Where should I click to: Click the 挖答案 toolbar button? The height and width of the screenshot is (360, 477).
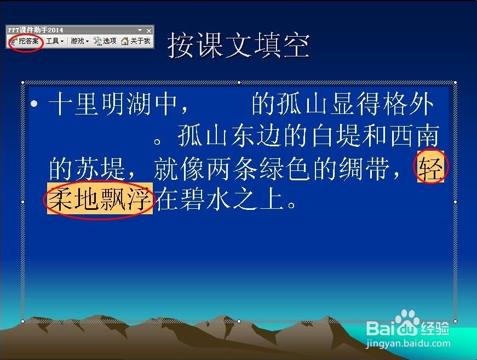[x=25, y=41]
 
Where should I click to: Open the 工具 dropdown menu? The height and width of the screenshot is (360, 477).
[x=55, y=41]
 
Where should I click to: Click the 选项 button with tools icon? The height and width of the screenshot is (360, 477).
[x=105, y=41]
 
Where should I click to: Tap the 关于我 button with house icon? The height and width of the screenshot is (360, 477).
[x=136, y=41]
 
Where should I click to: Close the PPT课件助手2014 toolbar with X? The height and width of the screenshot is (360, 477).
[x=149, y=31]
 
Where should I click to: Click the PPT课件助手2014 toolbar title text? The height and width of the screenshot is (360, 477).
[x=36, y=30]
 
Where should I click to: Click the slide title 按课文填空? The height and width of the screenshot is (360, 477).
[x=239, y=45]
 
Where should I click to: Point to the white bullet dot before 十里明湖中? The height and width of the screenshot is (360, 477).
[x=34, y=104]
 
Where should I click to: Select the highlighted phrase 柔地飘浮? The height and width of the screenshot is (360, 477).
[x=100, y=198]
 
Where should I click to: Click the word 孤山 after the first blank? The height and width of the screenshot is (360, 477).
[x=292, y=104]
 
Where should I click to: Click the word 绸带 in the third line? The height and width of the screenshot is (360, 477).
[x=364, y=168]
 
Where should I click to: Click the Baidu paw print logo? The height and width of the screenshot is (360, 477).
[x=407, y=322]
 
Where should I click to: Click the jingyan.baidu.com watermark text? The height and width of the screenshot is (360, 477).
[x=408, y=344]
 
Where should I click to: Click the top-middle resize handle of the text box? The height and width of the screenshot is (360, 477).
[x=239, y=82]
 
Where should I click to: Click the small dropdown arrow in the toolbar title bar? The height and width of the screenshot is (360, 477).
[x=140, y=30]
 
